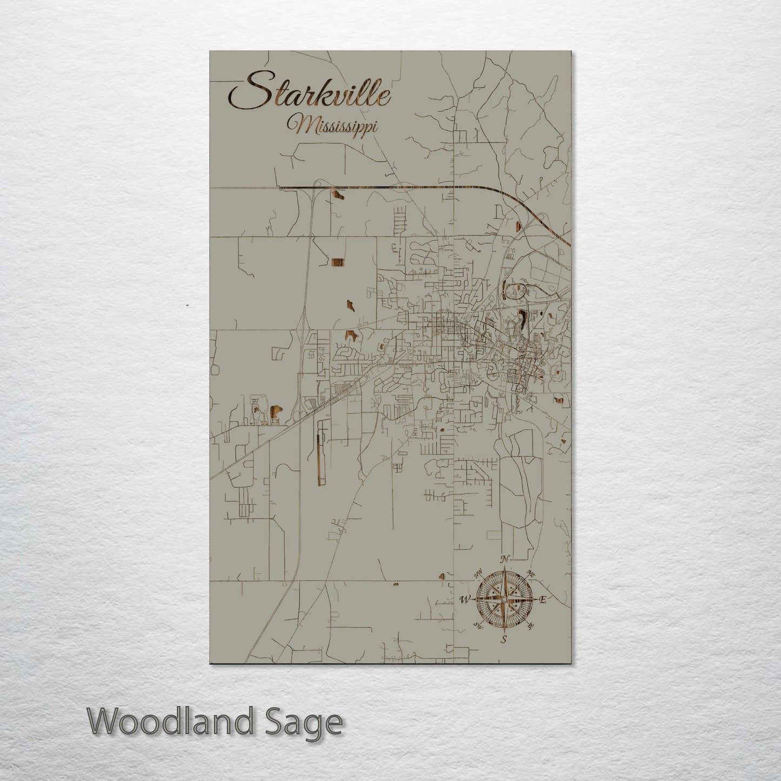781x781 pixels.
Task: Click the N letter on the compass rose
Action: [x=504, y=559]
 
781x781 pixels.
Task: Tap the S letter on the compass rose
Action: [x=504, y=640]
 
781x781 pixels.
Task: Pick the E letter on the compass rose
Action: [x=543, y=599]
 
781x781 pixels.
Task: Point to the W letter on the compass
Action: [x=464, y=599]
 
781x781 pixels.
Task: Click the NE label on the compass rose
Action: [x=530, y=573]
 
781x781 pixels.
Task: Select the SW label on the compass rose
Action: [x=477, y=625]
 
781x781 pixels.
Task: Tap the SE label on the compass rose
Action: [x=530, y=626]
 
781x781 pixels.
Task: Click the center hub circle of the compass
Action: [x=504, y=599]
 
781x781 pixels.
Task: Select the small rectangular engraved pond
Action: [x=337, y=262]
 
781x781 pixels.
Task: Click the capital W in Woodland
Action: [x=103, y=722]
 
